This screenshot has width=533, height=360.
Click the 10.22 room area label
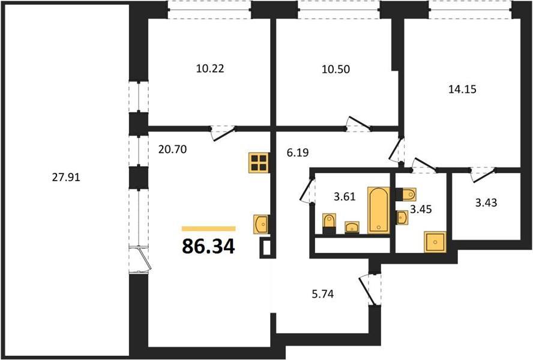pyautogui.click(x=210, y=68)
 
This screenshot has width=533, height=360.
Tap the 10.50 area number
pyautogui.click(x=336, y=69)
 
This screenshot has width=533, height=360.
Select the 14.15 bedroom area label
pyautogui.click(x=462, y=89)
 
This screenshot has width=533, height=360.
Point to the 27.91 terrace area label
pyautogui.click(x=66, y=177)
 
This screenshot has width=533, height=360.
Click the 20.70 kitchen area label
pyautogui.click(x=172, y=149)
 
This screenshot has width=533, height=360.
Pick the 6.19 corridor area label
pyautogui.click(x=298, y=152)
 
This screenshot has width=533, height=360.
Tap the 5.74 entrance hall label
pyautogui.click(x=322, y=294)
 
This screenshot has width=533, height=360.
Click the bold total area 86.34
pyautogui.click(x=208, y=246)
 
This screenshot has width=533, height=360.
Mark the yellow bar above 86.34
pyautogui.click(x=209, y=229)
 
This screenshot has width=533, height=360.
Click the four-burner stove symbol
pyautogui.click(x=259, y=163)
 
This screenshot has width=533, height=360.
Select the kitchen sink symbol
pyautogui.click(x=262, y=224)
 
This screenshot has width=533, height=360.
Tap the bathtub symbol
pyautogui.click(x=379, y=210)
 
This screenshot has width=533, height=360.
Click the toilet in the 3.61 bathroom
pyautogui.click(x=329, y=224)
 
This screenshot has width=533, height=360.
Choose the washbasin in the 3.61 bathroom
pyautogui.click(x=352, y=227)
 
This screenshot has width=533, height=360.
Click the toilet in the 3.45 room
pyautogui.click(x=406, y=194)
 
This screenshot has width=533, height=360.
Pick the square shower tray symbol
pyautogui.click(x=435, y=242)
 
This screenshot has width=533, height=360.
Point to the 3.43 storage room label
pyautogui.click(x=486, y=203)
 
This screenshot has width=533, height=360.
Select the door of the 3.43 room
pyautogui.click(x=483, y=175)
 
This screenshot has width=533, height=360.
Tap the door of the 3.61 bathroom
pyautogui.click(x=307, y=190)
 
